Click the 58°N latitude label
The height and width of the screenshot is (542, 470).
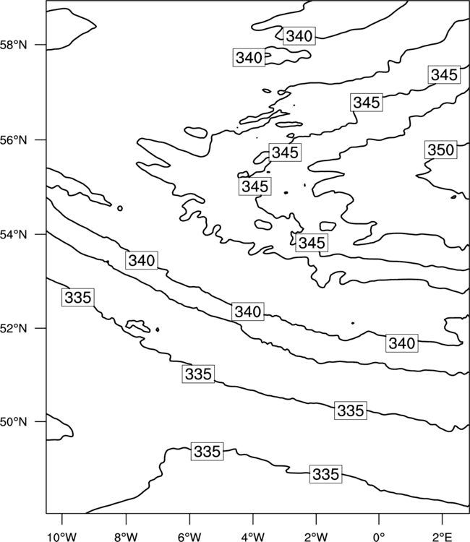coord(13,45)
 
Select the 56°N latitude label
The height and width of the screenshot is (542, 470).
coord(13,140)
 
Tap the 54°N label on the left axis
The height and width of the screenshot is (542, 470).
coord(13,235)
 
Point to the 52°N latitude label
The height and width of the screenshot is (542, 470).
coord(13,328)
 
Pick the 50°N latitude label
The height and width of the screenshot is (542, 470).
coord(13,422)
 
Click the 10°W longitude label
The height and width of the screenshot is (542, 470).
coord(62,537)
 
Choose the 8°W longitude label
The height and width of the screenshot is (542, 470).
coord(126,537)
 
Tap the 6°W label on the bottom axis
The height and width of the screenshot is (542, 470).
coord(189,537)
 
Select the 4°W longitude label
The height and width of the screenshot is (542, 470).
coord(253,537)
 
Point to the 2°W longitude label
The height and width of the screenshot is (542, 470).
coord(316,537)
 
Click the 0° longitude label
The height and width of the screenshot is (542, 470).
coord(379,537)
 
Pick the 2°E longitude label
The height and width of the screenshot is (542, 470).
coord(443,537)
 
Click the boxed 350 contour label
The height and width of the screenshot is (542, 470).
coord(441,150)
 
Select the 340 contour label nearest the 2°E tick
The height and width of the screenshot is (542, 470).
coord(402,343)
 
